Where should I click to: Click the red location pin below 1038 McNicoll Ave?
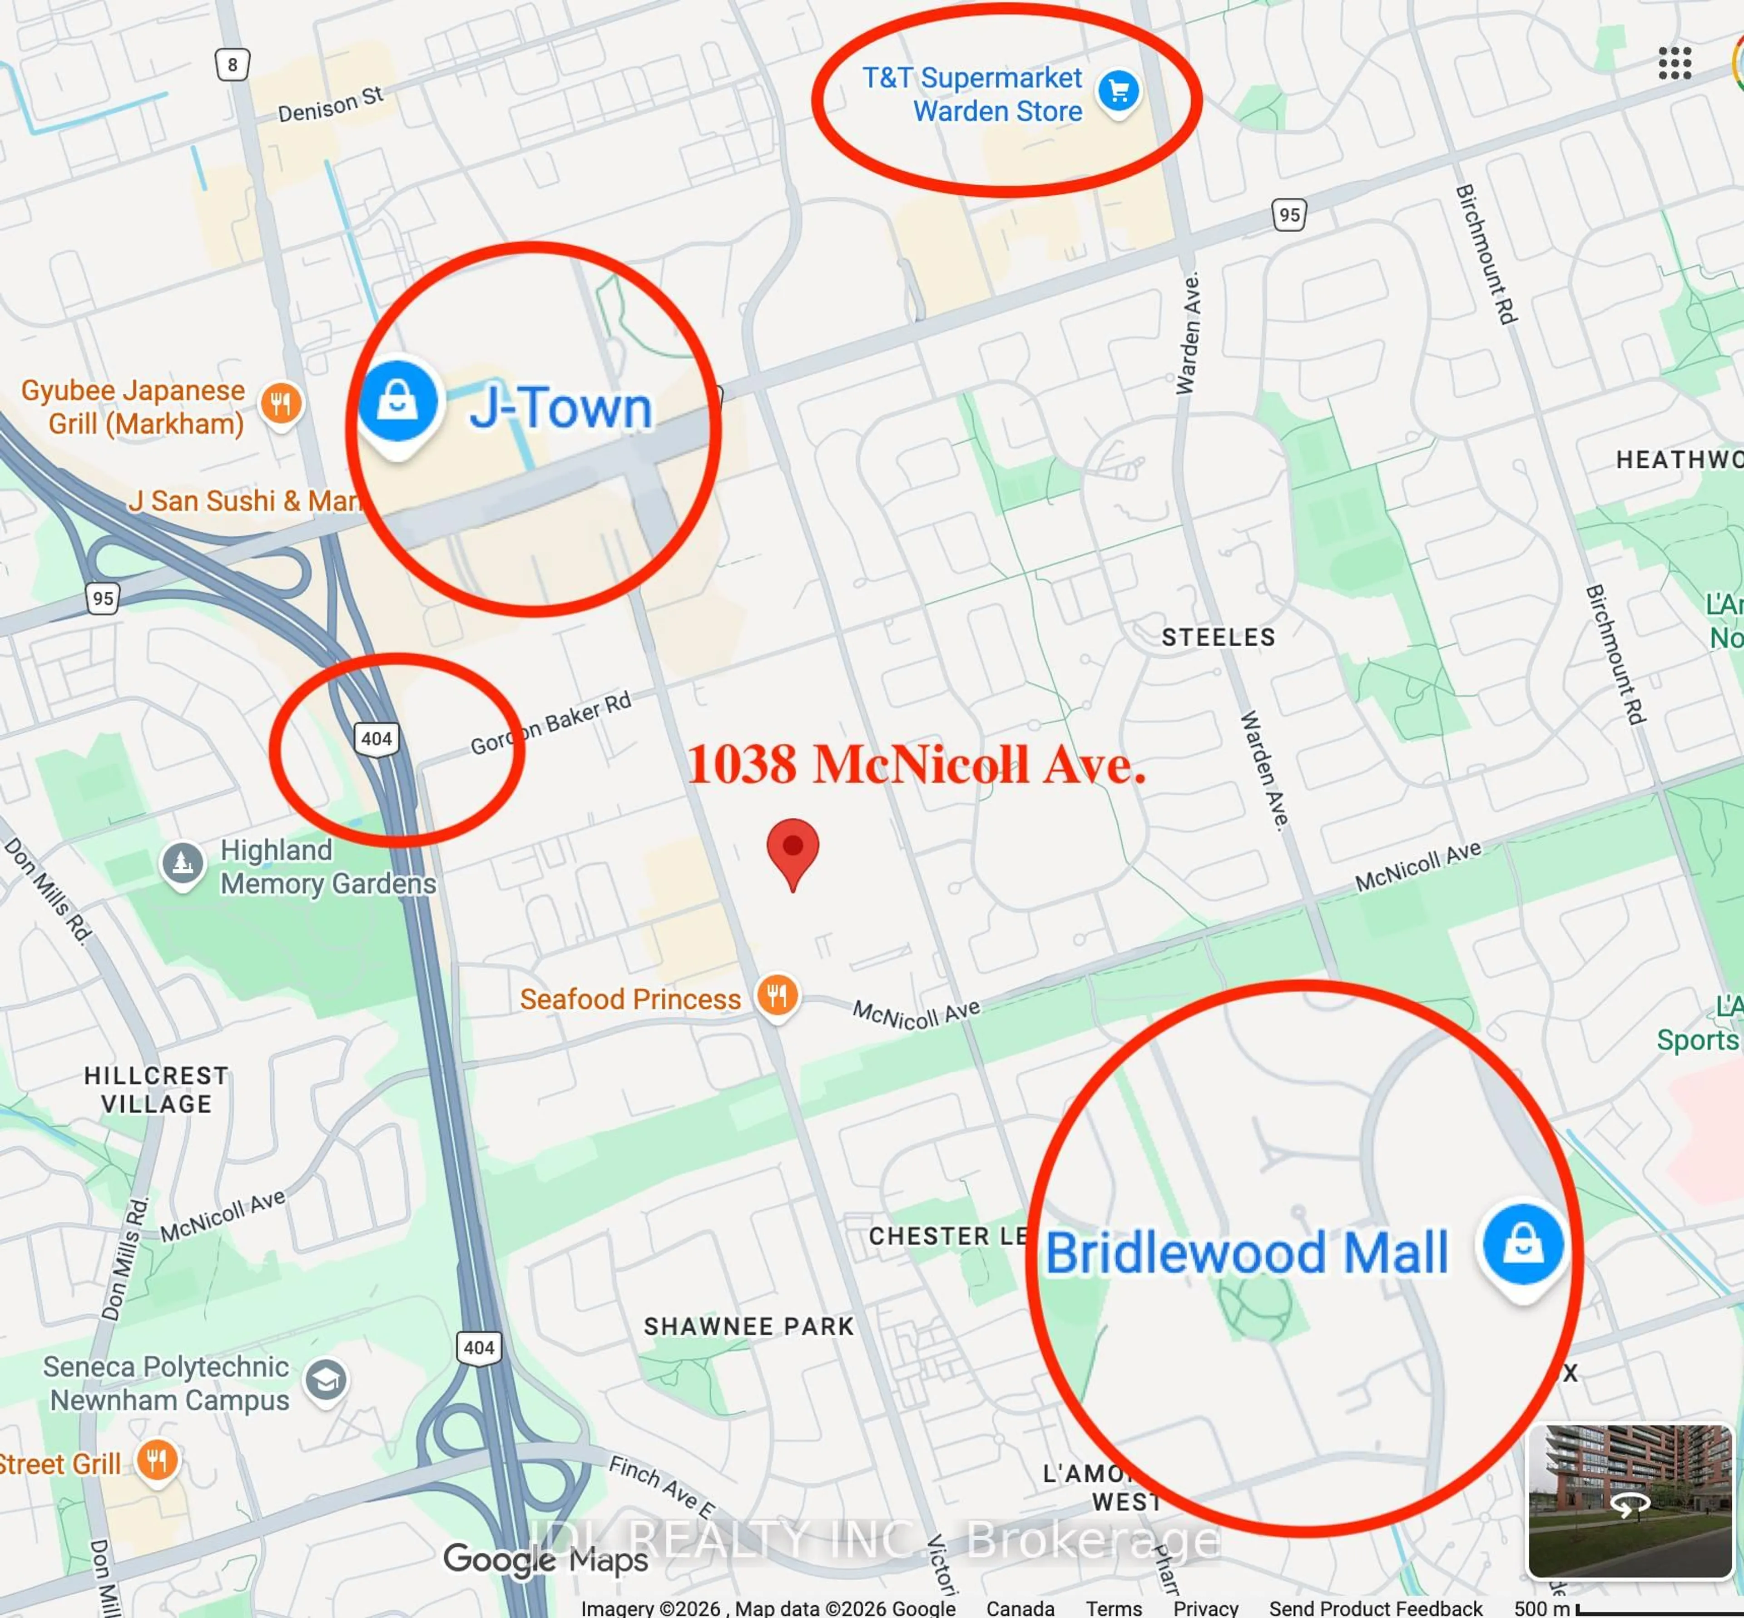point(793,849)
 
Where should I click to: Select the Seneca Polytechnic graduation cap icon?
point(326,1381)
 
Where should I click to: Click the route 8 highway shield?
point(232,64)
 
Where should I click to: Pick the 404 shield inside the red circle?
point(377,738)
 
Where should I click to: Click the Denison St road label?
point(330,104)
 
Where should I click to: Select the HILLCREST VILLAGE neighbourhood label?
point(157,1089)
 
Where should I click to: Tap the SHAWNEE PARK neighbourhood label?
point(748,1326)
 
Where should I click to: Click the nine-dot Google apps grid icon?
point(1674,63)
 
